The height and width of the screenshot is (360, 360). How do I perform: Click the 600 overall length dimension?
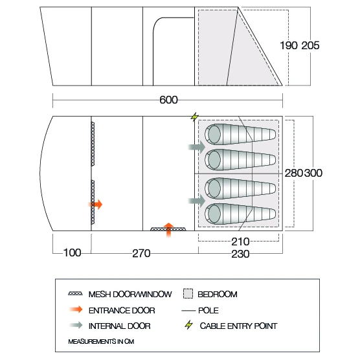pyautogui.click(x=168, y=100)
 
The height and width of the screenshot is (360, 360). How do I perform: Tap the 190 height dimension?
pyautogui.click(x=289, y=45)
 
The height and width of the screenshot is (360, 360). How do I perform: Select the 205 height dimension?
pyautogui.click(x=310, y=45)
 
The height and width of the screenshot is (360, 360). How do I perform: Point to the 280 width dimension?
pyautogui.click(x=294, y=173)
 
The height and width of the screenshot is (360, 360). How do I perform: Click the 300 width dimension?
pyautogui.click(x=313, y=173)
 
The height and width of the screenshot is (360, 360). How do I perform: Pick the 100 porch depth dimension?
pyautogui.click(x=72, y=253)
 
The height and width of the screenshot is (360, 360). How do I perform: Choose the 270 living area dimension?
pyautogui.click(x=141, y=253)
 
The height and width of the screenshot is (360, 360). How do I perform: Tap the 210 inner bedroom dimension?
pyautogui.click(x=240, y=242)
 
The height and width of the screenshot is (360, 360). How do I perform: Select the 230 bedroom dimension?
pyautogui.click(x=240, y=254)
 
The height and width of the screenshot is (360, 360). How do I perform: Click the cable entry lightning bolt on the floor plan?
pyautogui.click(x=194, y=117)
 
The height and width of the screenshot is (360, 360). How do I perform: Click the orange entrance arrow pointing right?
pyautogui.click(x=96, y=205)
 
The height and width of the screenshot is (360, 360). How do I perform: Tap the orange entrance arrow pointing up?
pyautogui.click(x=169, y=230)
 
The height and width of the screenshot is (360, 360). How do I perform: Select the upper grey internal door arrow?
pyautogui.click(x=197, y=147)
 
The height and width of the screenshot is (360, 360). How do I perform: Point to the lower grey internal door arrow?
pyautogui.click(x=197, y=201)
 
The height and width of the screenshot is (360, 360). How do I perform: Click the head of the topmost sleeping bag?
pyautogui.click(x=214, y=134)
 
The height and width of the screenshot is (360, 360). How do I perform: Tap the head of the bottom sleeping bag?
pyautogui.click(x=214, y=213)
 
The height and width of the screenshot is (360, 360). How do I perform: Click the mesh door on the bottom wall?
pyautogui.click(x=168, y=229)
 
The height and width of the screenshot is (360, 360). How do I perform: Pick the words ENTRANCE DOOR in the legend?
pyautogui.click(x=122, y=311)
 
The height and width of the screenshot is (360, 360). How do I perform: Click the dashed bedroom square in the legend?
pyautogui.click(x=188, y=294)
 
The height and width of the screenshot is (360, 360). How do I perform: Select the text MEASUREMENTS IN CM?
pyautogui.click(x=101, y=342)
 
